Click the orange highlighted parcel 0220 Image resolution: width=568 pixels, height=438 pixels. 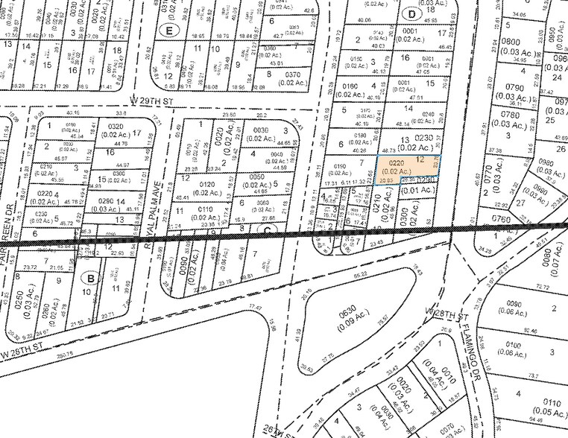tap(406, 166)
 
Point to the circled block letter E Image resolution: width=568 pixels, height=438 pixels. tap(169, 31)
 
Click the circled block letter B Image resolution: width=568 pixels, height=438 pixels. tap(92, 279)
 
